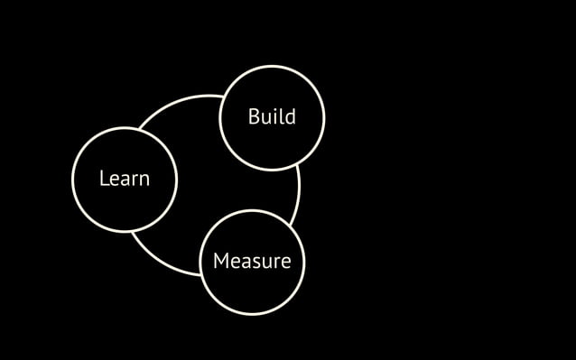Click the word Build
pyautogui.click(x=272, y=117)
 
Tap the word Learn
pyautogui.click(x=125, y=179)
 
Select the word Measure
pyautogui.click(x=252, y=262)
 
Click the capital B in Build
pyautogui.click(x=254, y=117)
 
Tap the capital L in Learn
pyautogui.click(x=104, y=179)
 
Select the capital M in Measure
pyautogui.click(x=219, y=262)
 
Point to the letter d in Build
pyautogui.click(x=290, y=117)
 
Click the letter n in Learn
pyautogui.click(x=144, y=180)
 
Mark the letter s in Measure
pyautogui.click(x=257, y=263)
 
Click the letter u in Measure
pyautogui.click(x=267, y=263)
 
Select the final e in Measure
pyautogui.click(x=285, y=263)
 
